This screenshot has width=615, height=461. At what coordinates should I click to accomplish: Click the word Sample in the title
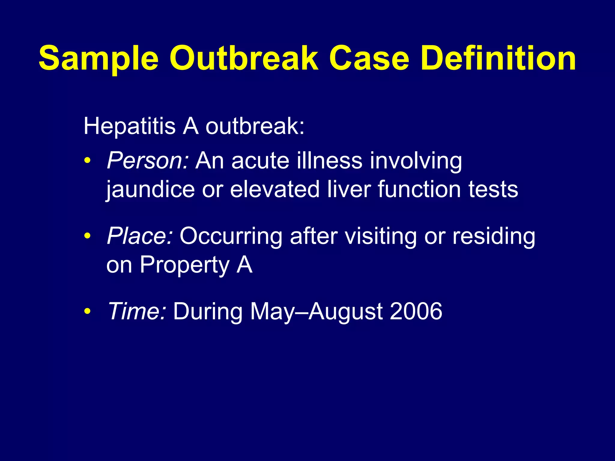click(98, 58)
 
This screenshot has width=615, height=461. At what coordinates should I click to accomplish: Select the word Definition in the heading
click(498, 58)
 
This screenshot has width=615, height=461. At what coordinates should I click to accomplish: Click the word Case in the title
click(369, 58)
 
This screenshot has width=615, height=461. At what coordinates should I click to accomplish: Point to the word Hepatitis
click(129, 126)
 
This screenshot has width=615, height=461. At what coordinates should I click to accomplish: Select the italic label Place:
click(140, 236)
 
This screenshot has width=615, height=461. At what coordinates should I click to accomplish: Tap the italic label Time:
click(137, 311)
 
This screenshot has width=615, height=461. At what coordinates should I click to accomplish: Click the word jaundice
click(150, 190)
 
